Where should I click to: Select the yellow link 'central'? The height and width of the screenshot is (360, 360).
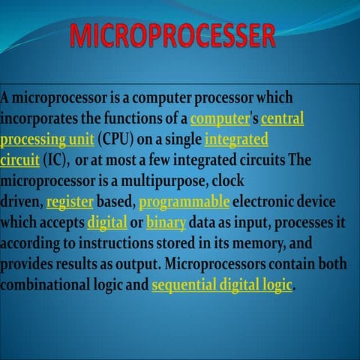pos(282,118)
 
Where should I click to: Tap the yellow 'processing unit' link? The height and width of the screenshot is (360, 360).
pos(47,139)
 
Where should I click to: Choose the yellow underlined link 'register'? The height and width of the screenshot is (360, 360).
pos(70,202)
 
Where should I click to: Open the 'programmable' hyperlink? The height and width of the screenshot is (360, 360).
pos(184,202)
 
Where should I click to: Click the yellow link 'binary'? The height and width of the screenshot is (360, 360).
pos(160,223)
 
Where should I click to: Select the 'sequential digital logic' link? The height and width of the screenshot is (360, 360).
pos(222,286)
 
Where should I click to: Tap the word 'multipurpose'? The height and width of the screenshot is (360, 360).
pos(169,181)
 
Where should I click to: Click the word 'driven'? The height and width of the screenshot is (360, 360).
pos(20,202)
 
